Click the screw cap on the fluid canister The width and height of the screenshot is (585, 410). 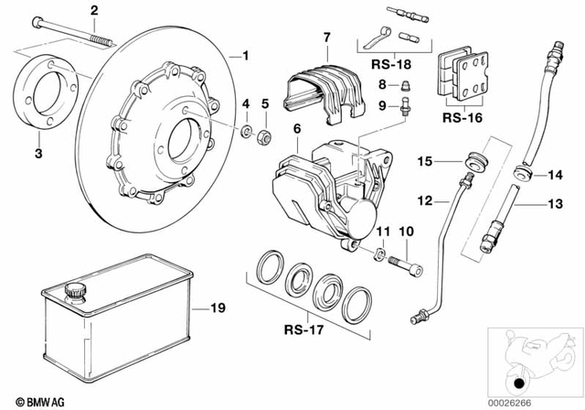pyautogui.click(x=72, y=291)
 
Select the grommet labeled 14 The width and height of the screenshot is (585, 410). pyautogui.click(x=525, y=171)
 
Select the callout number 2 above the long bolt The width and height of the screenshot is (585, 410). pyautogui.click(x=93, y=11)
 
